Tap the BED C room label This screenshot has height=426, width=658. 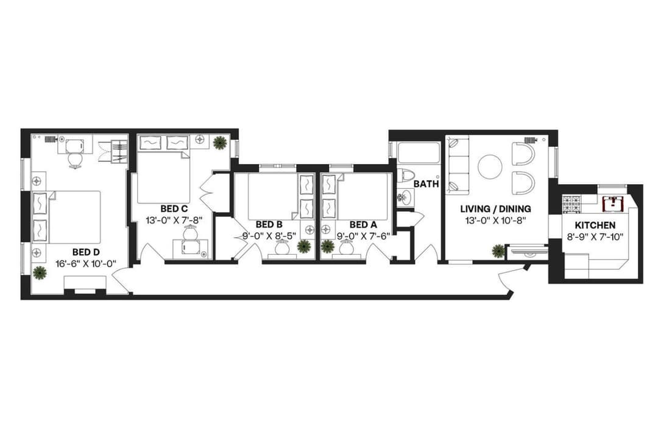174,208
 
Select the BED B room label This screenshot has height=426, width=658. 269,224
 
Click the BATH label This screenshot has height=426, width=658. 426,183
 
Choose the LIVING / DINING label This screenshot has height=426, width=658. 496,208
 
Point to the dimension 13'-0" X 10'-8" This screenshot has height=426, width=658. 496,220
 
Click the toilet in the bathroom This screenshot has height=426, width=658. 407,176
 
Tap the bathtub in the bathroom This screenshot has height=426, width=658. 417,152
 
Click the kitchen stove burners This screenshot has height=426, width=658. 571,204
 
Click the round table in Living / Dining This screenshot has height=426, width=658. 490,166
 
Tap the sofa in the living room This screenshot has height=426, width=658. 458,164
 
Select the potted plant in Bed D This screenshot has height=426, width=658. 40,272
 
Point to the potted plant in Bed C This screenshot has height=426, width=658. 219,143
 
